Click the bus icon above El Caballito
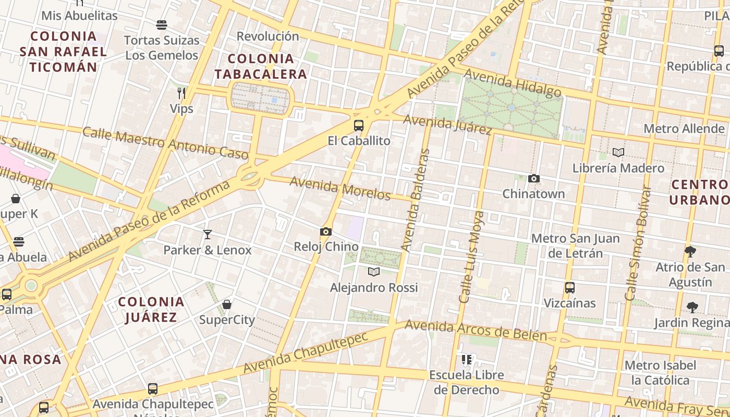pyautogui.click(x=359, y=125)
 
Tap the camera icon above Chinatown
pyautogui.click(x=533, y=179)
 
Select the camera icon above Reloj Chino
pyautogui.click(x=326, y=231)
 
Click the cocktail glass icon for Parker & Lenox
pyautogui.click(x=208, y=235)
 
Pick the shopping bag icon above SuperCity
pyautogui.click(x=227, y=304)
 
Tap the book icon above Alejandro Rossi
pyautogui.click(x=374, y=272)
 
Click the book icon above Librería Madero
pyautogui.click(x=618, y=153)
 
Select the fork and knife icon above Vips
pyautogui.click(x=181, y=93)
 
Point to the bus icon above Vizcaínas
pyautogui.click(x=570, y=288)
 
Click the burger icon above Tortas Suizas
pyautogui.click(x=162, y=24)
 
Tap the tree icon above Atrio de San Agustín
pyautogui.click(x=690, y=252)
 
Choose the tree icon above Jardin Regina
pyautogui.click(x=692, y=307)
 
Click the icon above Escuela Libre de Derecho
pyautogui.click(x=467, y=359)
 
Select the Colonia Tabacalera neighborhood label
pyautogui.click(x=260, y=66)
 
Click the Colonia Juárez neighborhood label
pyautogui.click(x=151, y=309)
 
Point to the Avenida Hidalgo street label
pyautogui.click(x=512, y=83)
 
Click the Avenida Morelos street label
pyautogui.click(x=340, y=188)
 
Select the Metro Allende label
pyautogui.click(x=684, y=129)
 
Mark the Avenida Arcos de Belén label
pyautogui.click(x=476, y=329)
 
